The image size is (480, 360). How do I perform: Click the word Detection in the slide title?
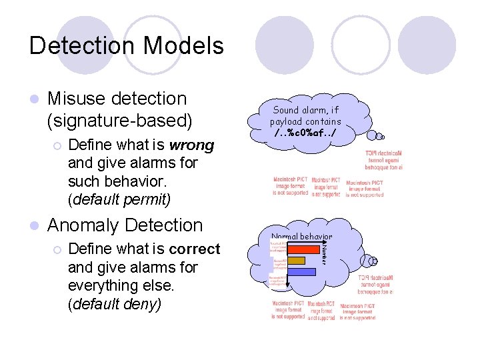click(82, 45)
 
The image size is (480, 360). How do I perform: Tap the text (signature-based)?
click(120, 121)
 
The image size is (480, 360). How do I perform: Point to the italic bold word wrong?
click(192, 145)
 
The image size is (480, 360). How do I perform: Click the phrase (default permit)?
click(119, 198)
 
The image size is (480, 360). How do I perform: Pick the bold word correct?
click(194, 249)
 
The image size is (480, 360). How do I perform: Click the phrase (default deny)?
click(114, 303)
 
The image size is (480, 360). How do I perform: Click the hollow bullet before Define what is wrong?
click(58, 145)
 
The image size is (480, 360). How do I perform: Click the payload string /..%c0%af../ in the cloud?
click(305, 133)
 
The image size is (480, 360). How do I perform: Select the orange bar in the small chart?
click(296, 260)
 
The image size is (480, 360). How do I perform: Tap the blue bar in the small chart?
click(301, 271)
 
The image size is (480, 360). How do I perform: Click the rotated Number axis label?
click(324, 253)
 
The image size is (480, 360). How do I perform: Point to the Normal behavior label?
click(301, 237)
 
